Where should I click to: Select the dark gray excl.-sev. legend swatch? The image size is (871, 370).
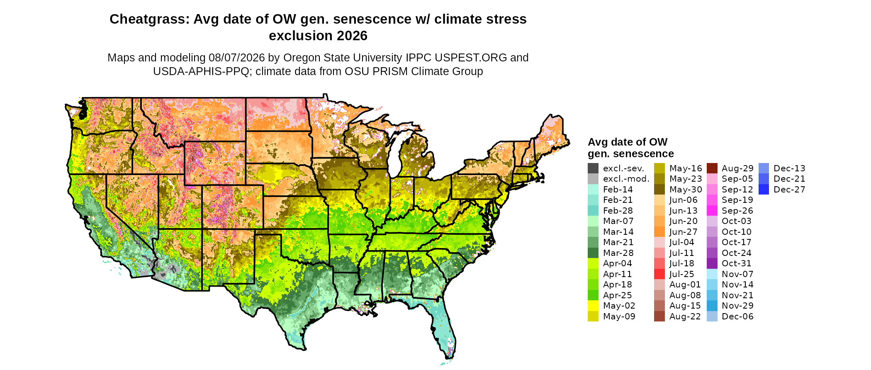point(593,168)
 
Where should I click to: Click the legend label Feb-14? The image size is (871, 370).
point(618,190)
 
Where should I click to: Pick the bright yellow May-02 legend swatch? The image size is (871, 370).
point(593,306)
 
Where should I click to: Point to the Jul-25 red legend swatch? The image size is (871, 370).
point(659,274)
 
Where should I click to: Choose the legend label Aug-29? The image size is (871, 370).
point(737,168)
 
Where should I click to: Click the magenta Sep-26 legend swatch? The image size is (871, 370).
point(712,211)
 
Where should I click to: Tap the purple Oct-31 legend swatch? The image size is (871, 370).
point(712,263)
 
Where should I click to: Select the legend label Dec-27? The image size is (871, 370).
point(789,190)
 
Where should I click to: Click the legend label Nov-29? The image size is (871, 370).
point(737,306)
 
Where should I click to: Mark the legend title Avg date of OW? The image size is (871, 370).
point(628,142)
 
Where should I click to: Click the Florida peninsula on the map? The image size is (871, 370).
point(444,328)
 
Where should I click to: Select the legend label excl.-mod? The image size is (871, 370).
point(626,179)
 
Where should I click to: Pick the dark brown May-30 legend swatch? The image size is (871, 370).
point(659,190)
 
